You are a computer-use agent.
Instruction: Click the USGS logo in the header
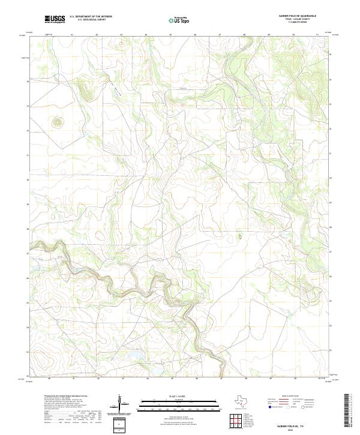coord(55,19)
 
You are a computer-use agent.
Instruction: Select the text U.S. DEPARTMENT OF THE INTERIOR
coord(91,17)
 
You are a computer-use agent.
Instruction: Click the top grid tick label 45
coord(171,35)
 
